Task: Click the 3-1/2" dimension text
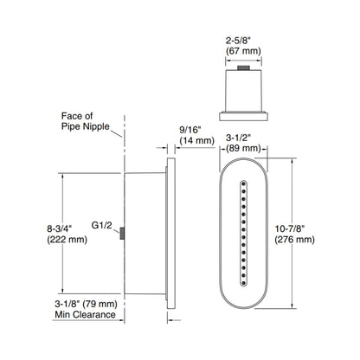point(245,136)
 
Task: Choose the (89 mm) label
point(245,147)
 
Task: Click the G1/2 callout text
point(102,223)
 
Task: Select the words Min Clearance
point(86,315)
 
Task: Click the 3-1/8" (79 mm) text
point(86,304)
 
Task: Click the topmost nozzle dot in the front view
point(245,183)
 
